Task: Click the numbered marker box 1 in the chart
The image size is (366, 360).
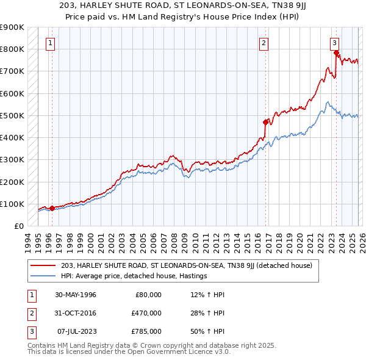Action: click(49, 43)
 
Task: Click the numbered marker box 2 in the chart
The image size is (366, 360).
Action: click(264, 43)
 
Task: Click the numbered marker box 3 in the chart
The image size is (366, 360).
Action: click(334, 43)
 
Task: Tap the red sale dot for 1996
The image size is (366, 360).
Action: click(52, 208)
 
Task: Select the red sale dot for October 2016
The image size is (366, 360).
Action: click(265, 122)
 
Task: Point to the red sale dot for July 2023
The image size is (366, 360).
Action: click(336, 53)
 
